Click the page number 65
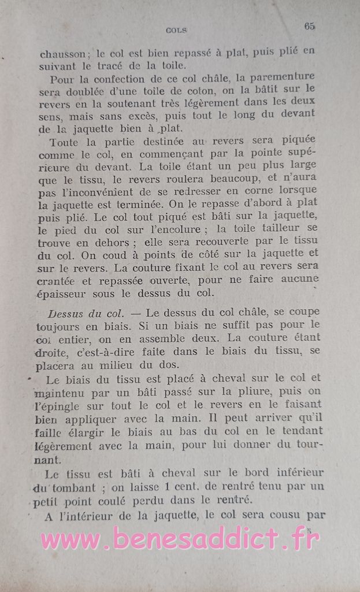click(x=309, y=26)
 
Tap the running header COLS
click(x=176, y=30)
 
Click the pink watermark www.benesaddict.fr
click(x=180, y=539)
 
